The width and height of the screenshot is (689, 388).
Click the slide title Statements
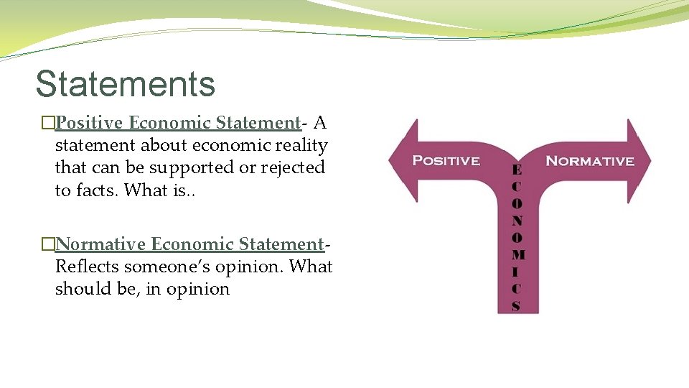pyautogui.click(x=125, y=83)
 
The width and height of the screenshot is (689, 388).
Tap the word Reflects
pyautogui.click(x=87, y=267)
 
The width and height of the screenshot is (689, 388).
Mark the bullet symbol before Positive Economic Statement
pyautogui.click(x=48, y=124)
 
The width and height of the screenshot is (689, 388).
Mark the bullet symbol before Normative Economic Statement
pyautogui.click(x=48, y=245)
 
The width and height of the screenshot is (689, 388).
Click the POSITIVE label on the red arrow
pyautogui.click(x=446, y=160)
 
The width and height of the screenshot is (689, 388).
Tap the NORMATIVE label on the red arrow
pyautogui.click(x=590, y=160)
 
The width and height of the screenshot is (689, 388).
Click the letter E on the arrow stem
pyautogui.click(x=516, y=170)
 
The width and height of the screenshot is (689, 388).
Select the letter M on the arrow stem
pyautogui.click(x=517, y=254)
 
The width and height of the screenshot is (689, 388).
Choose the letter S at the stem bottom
pyautogui.click(x=516, y=305)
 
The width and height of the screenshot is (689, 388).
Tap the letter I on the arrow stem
pyautogui.click(x=516, y=272)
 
